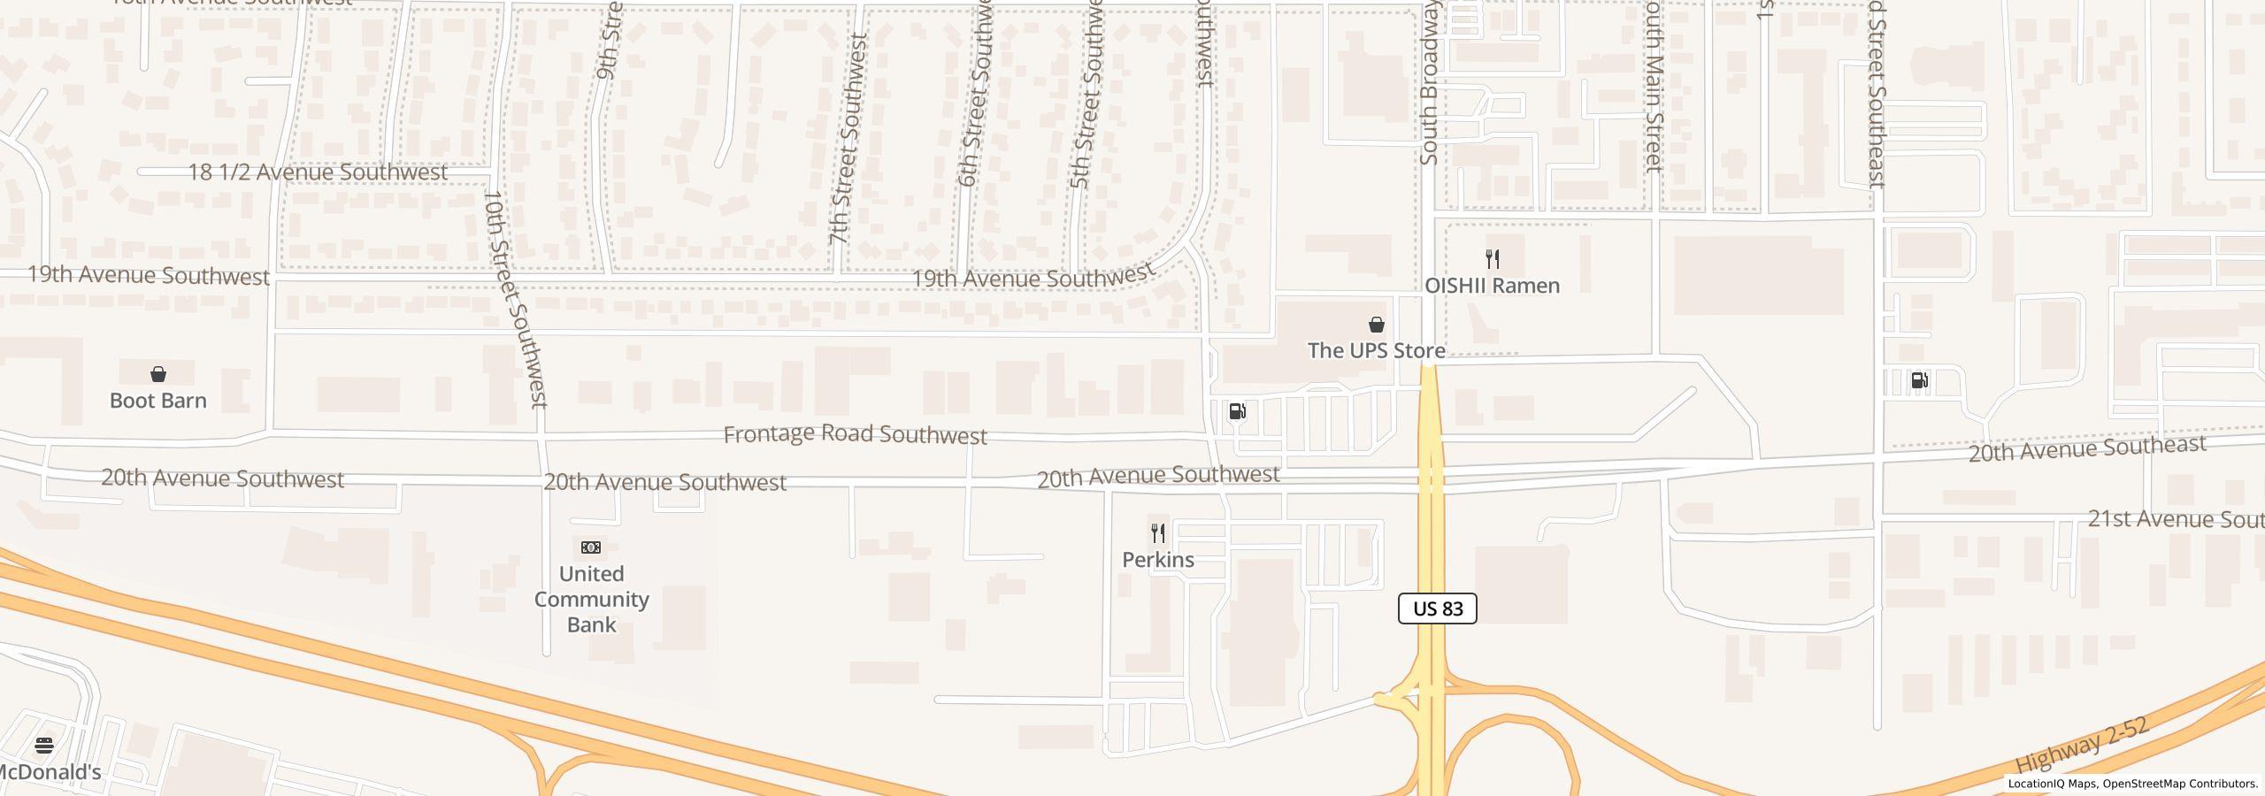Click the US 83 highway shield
pyautogui.click(x=1437, y=608)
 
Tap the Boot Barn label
pyautogui.click(x=158, y=401)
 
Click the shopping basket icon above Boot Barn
pyautogui.click(x=158, y=374)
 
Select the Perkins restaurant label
pyautogui.click(x=1158, y=560)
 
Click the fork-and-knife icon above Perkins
pyautogui.click(x=1157, y=533)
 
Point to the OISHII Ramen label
pyautogui.click(x=1492, y=286)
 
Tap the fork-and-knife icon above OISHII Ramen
pyautogui.click(x=1493, y=259)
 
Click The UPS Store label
pyautogui.click(x=1376, y=350)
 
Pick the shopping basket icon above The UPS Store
pyautogui.click(x=1376, y=325)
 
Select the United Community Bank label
pyautogui.click(x=591, y=599)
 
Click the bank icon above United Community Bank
pyautogui.click(x=591, y=547)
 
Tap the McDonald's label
pyautogui.click(x=48, y=772)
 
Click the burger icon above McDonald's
pyautogui.click(x=44, y=745)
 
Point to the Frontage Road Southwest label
pyautogui.click(x=855, y=434)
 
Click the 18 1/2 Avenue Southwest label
pyautogui.click(x=318, y=172)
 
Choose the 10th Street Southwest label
pyautogui.click(x=517, y=299)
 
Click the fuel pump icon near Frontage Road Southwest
pyautogui.click(x=1237, y=411)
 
